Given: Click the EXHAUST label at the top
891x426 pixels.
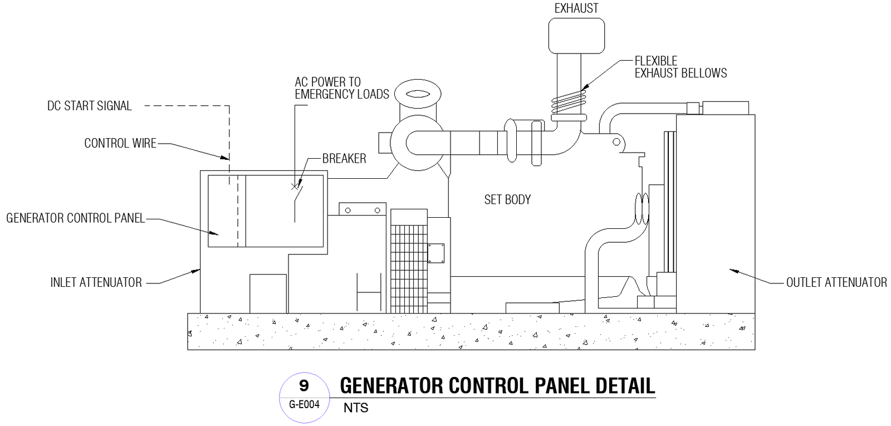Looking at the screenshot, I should tap(576, 8).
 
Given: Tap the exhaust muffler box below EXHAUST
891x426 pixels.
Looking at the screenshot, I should tap(576, 36).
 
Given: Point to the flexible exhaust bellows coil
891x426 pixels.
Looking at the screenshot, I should tap(569, 102).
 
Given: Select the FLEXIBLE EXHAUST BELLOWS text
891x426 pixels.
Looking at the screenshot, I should tap(680, 67).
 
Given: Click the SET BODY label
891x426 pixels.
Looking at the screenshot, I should tap(507, 199).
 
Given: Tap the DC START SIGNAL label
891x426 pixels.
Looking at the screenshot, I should tap(89, 106).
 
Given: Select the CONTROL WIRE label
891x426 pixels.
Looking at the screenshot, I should tap(120, 143).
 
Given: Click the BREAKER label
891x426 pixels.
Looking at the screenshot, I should tap(344, 159).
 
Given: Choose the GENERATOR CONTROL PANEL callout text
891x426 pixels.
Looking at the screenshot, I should tap(75, 218).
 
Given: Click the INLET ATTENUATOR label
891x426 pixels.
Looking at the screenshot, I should tap(96, 282).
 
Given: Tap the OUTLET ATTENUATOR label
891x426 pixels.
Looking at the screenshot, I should tap(836, 282).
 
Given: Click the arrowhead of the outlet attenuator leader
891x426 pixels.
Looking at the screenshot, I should tap(732, 271).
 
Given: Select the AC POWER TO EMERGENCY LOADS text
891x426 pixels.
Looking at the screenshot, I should tap(341, 88).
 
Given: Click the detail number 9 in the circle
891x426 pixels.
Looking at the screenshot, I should tap(304, 385).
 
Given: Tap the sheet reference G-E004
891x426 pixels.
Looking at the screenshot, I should tap(304, 405).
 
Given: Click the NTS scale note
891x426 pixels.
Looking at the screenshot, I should tap(356, 408).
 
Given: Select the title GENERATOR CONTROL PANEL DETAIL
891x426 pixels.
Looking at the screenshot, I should tap(497, 386).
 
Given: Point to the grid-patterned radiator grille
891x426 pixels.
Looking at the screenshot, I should tap(409, 261).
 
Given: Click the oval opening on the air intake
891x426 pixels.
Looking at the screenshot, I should tap(418, 94).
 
